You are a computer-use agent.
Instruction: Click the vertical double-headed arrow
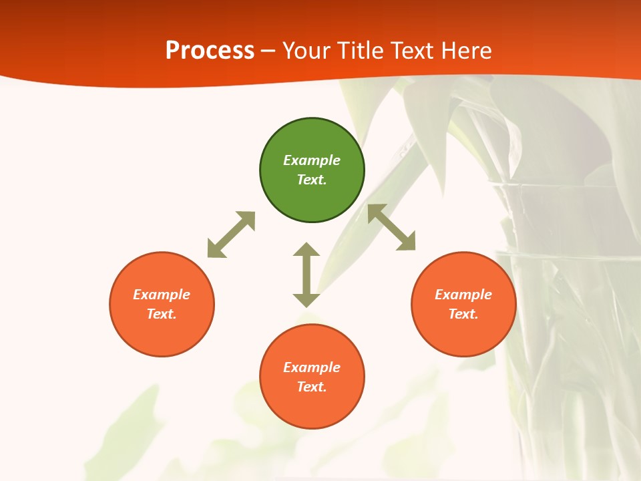click(306, 275)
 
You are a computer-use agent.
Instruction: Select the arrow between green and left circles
click(231, 234)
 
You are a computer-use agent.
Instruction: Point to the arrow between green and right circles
click(391, 228)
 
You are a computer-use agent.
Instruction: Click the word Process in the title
click(210, 51)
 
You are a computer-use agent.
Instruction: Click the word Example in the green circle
click(312, 160)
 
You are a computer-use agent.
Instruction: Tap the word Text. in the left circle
click(162, 314)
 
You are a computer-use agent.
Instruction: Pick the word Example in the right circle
click(463, 295)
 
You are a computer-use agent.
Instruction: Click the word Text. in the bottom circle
click(312, 387)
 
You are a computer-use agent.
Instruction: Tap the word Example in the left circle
click(162, 295)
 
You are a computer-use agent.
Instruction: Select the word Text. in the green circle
click(312, 180)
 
